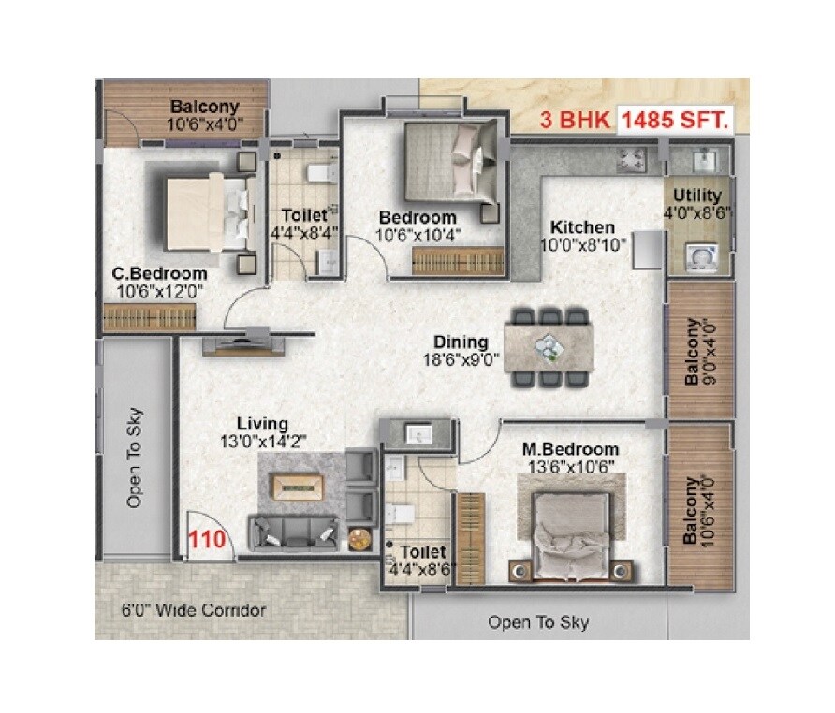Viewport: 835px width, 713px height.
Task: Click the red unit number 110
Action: (205, 540)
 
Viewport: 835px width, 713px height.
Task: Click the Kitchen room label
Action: (582, 227)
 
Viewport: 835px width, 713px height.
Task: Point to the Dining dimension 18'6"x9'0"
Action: (460, 357)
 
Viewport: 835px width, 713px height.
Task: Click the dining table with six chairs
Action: (549, 346)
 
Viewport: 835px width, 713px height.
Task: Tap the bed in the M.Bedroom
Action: (570, 529)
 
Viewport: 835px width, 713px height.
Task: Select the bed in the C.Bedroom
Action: (209, 212)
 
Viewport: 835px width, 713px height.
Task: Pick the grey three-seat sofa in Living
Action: (292, 531)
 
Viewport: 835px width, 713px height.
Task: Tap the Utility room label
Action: (697, 196)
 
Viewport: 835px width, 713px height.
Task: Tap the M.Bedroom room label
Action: (570, 450)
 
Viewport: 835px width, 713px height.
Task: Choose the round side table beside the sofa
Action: (359, 539)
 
